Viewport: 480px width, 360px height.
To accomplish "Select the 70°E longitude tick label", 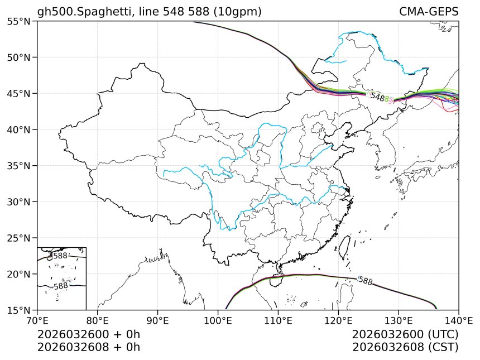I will coord(37,321).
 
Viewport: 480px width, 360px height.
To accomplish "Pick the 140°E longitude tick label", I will coord(458,321).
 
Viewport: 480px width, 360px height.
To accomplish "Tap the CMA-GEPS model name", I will coord(429,12).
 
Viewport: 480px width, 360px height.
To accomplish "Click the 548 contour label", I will coord(379,97).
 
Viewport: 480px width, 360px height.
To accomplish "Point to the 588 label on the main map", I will coord(365,281).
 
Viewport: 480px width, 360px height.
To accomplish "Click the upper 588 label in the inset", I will coord(60,256).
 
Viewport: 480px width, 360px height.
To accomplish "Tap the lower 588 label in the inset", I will coord(60,286).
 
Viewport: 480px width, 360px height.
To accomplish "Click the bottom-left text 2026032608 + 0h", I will coord(88,347).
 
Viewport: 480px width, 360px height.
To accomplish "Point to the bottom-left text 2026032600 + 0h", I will coord(88,334).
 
